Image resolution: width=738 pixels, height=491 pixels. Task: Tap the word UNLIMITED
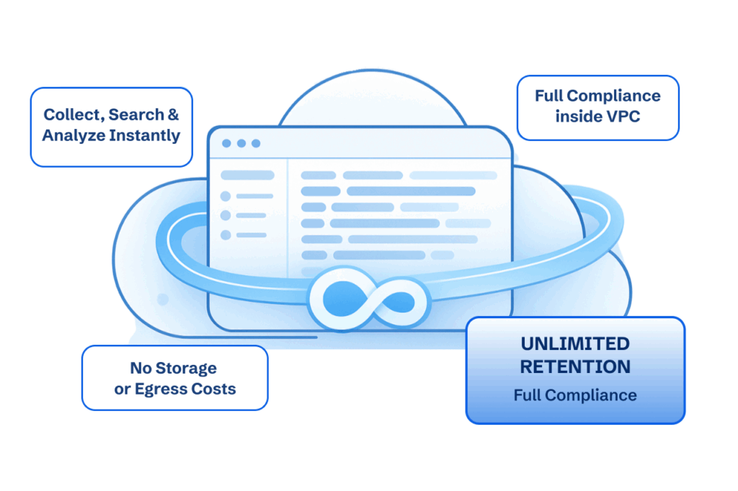pyautogui.click(x=574, y=344)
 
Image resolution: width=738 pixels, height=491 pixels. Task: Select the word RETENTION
pyautogui.click(x=574, y=366)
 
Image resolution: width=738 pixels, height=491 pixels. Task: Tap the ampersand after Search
pyautogui.click(x=172, y=114)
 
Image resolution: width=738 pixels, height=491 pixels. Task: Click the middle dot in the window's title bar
pyautogui.click(x=241, y=143)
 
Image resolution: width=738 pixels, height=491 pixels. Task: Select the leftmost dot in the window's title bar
pyautogui.click(x=226, y=143)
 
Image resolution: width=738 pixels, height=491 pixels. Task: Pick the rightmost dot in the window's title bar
pyautogui.click(x=255, y=143)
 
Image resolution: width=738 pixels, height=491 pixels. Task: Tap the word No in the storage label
pyautogui.click(x=138, y=368)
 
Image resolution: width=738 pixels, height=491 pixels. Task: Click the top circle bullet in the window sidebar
pyautogui.click(x=226, y=196)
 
